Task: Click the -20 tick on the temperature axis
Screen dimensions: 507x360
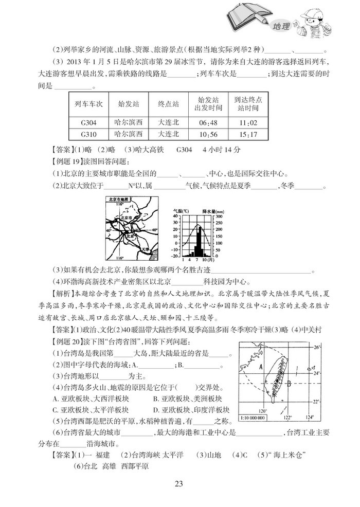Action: [176, 255]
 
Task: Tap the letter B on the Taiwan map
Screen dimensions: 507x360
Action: [290, 383]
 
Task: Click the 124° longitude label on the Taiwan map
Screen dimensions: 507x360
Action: [309, 417]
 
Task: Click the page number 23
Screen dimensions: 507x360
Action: [179, 483]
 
